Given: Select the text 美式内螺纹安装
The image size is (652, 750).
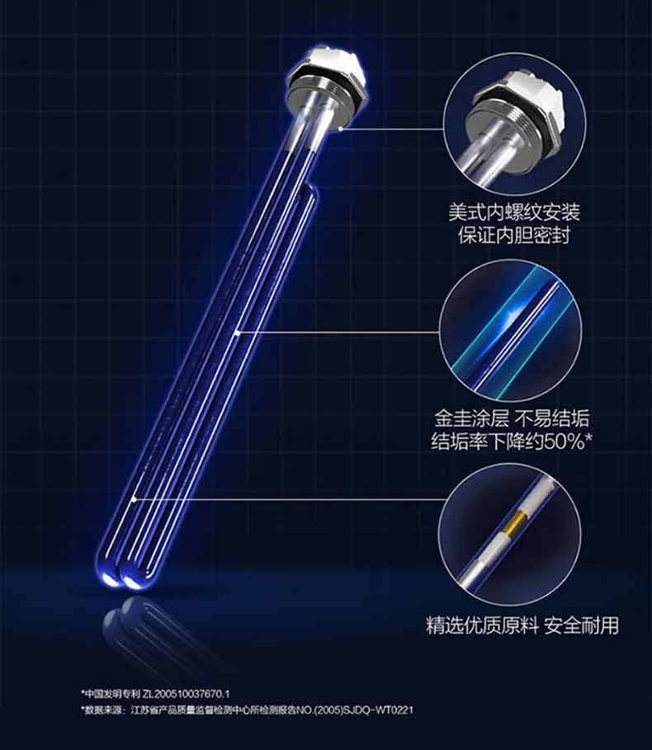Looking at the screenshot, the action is point(513,212).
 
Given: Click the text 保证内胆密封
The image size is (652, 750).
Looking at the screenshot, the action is point(513,235).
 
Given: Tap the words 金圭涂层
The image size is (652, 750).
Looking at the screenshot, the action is point(471,418).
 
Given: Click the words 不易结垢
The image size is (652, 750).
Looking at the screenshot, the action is point(552,418).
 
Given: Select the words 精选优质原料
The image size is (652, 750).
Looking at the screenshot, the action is point(482,625).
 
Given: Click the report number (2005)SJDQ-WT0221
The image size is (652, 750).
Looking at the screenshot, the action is point(362,710).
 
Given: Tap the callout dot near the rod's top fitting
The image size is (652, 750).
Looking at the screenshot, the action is point(340,129).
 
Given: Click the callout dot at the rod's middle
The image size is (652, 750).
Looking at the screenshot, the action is point(238,333).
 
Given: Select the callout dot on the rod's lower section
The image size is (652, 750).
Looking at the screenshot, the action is point(134,499).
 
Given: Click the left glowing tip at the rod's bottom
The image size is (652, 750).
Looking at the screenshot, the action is point(110,579).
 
